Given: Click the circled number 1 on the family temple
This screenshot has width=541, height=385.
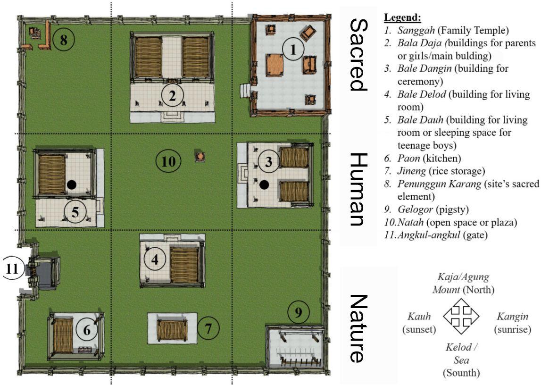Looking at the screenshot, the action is (293, 50).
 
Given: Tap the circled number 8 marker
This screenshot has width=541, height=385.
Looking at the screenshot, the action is (64, 40).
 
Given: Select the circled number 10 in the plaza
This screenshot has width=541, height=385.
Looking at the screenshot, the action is (168, 161).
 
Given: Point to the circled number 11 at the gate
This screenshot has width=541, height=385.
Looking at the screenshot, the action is (13, 268).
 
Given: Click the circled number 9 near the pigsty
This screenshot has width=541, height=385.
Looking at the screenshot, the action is (299, 312).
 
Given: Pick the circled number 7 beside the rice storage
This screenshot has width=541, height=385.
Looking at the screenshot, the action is (208, 328).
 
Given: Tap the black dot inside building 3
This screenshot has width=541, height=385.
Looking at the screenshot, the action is (264, 185).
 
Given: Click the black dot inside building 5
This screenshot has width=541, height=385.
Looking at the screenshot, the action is (71, 184).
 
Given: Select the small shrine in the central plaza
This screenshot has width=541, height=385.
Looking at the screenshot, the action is (200, 157).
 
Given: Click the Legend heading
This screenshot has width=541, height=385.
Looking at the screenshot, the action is (403, 17).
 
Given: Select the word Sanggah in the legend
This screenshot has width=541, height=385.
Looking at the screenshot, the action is (416, 30).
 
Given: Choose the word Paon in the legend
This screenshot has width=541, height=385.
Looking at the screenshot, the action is (408, 159).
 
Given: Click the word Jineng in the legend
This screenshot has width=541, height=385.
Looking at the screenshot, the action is (411, 171).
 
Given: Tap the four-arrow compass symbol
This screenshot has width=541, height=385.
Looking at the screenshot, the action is (461, 316).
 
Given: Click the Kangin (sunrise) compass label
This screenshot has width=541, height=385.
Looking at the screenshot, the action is (512, 323).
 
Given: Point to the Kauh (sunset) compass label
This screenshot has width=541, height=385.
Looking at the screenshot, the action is (419, 323).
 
